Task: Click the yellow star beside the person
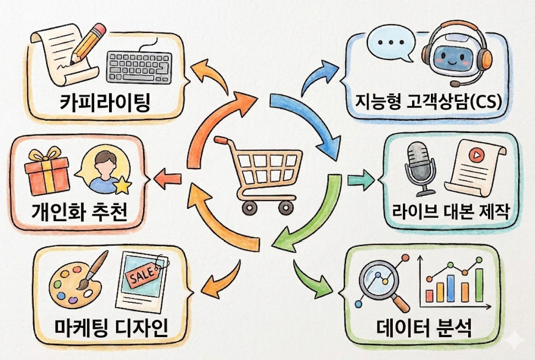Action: tap(123, 185)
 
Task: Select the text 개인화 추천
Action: tap(79, 212)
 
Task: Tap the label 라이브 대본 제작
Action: tap(451, 211)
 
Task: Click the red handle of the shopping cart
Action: tap(219, 139)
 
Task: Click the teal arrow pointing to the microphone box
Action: tap(361, 180)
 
